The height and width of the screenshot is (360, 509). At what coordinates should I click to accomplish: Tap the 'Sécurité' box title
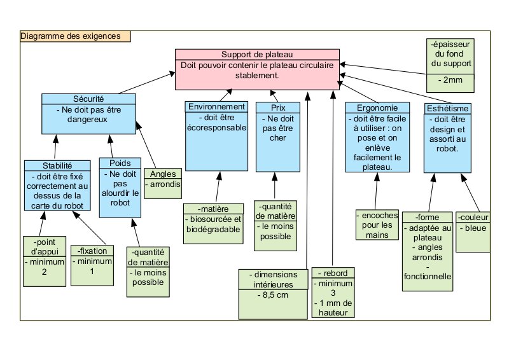(89, 99)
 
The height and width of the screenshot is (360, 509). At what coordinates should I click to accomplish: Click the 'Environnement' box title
(217, 107)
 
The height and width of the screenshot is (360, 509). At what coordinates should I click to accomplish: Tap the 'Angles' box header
(162, 174)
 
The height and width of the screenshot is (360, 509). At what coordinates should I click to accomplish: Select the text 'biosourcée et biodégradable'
(214, 224)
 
